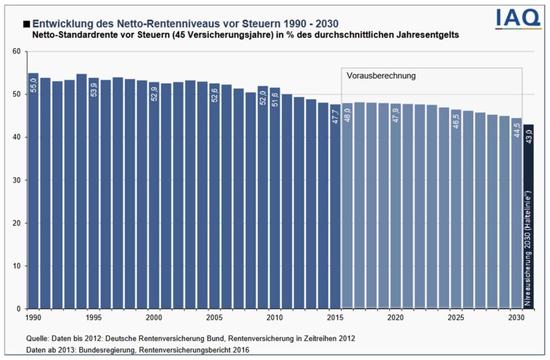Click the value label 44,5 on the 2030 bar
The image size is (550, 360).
(x=516, y=133)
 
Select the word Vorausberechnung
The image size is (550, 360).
(x=381, y=76)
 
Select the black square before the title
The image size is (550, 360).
(x=26, y=24)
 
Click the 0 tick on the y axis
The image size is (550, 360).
(x=18, y=309)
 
